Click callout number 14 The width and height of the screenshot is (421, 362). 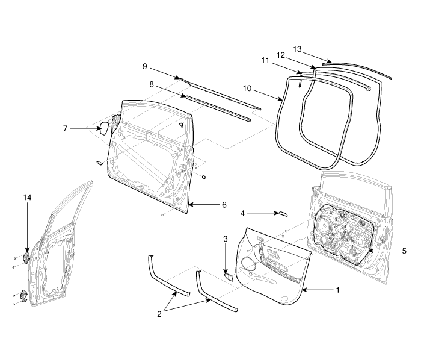(27, 198)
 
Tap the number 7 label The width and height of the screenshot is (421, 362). (65, 128)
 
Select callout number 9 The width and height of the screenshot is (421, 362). (145, 66)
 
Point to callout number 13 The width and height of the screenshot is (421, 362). (297, 49)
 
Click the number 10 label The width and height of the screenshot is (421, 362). (247, 88)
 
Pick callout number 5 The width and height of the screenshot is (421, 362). (404, 251)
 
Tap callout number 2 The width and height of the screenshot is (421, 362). (159, 314)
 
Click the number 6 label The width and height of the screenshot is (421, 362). (224, 205)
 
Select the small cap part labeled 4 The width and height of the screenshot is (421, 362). (283, 214)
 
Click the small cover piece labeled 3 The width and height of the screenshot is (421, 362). (229, 276)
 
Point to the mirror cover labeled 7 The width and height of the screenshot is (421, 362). (105, 128)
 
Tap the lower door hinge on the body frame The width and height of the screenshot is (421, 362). (24, 296)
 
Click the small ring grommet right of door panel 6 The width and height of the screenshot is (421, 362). (204, 177)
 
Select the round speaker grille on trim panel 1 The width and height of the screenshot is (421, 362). (248, 263)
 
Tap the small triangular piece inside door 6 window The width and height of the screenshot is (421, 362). (182, 125)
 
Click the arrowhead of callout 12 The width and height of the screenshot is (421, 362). (313, 66)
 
